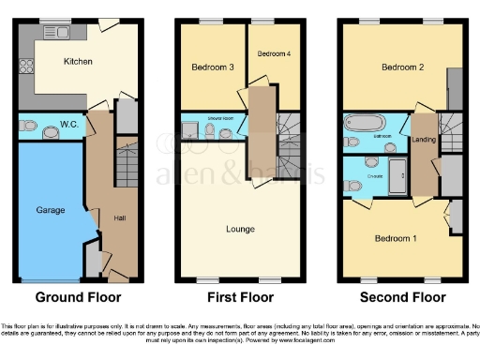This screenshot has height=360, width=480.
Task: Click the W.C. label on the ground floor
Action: (68, 125)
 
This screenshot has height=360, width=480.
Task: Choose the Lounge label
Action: (240, 228)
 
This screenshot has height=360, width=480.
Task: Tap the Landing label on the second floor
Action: (424, 141)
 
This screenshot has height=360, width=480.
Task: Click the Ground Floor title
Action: (76, 297)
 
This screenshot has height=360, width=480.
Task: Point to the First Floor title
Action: (240, 297)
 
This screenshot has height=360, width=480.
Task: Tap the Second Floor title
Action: (403, 297)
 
